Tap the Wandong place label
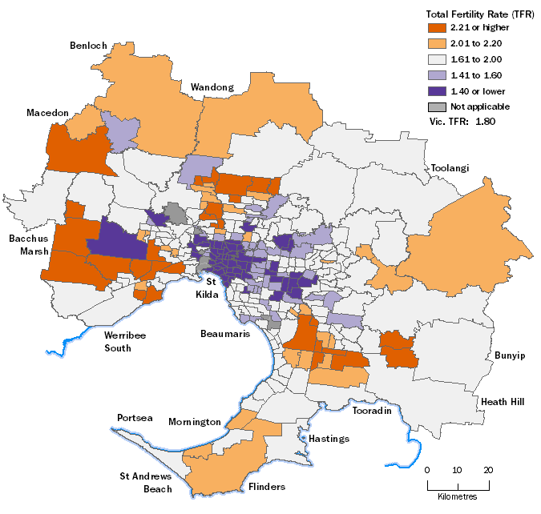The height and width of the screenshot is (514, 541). pos(212,86)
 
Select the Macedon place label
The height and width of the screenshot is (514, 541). pos(46,113)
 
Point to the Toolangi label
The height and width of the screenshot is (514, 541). pos(450,168)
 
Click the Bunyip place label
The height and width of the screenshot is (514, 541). pos(509,355)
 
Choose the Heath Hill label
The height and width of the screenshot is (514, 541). pos(503,401)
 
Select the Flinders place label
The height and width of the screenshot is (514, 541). pos(267,487)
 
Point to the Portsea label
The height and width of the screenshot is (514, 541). pos(134,418)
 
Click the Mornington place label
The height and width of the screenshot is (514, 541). pos(194,422)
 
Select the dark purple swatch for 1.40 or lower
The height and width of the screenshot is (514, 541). pos(435,91)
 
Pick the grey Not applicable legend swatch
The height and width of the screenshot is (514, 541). pos(435,106)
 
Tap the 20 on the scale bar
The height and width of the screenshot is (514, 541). pos(488,470)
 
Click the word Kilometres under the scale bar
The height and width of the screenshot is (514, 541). pos(458,497)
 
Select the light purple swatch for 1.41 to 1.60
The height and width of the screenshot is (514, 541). pos(435,76)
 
